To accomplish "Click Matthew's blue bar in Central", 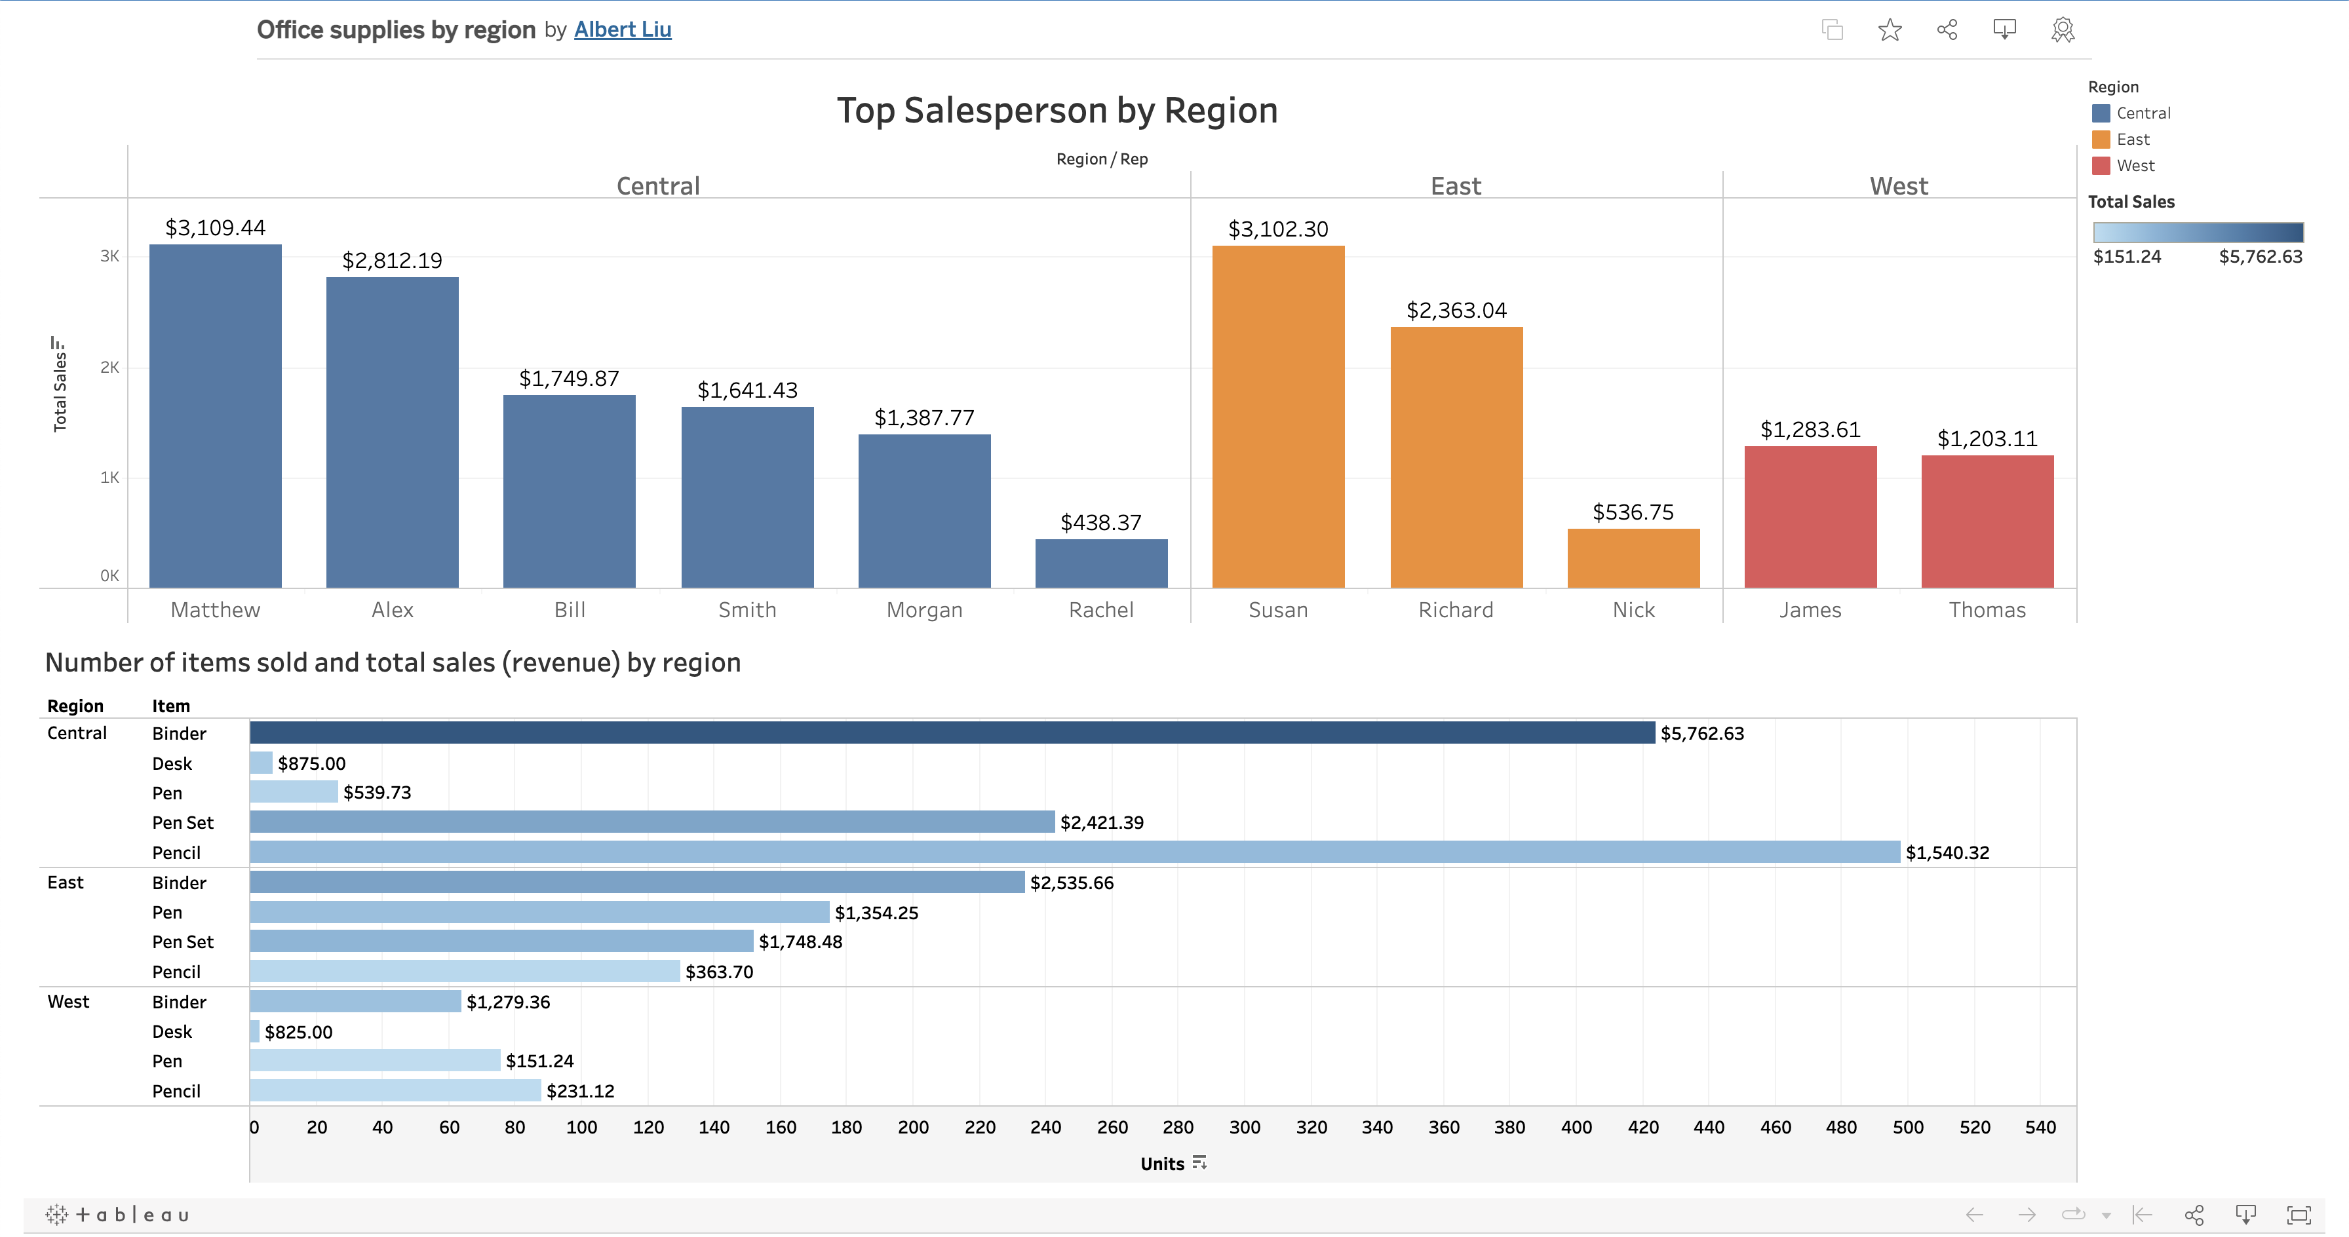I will [215, 415].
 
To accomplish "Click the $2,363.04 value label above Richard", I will [1456, 311].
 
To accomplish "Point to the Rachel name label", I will [1100, 610].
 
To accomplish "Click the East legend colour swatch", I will [2100, 140].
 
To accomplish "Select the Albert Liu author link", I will [622, 30].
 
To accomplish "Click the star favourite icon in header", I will [1890, 30].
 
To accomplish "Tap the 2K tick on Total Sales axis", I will [109, 368].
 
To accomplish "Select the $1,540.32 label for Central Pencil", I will [1947, 853].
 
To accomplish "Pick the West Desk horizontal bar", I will [254, 1032].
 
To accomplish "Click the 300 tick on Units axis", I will [1244, 1128].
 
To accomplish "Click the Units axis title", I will [1162, 1164].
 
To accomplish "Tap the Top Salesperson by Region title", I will [1057, 110].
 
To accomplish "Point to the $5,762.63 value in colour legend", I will [2260, 257].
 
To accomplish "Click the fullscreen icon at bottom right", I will [2298, 1214].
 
